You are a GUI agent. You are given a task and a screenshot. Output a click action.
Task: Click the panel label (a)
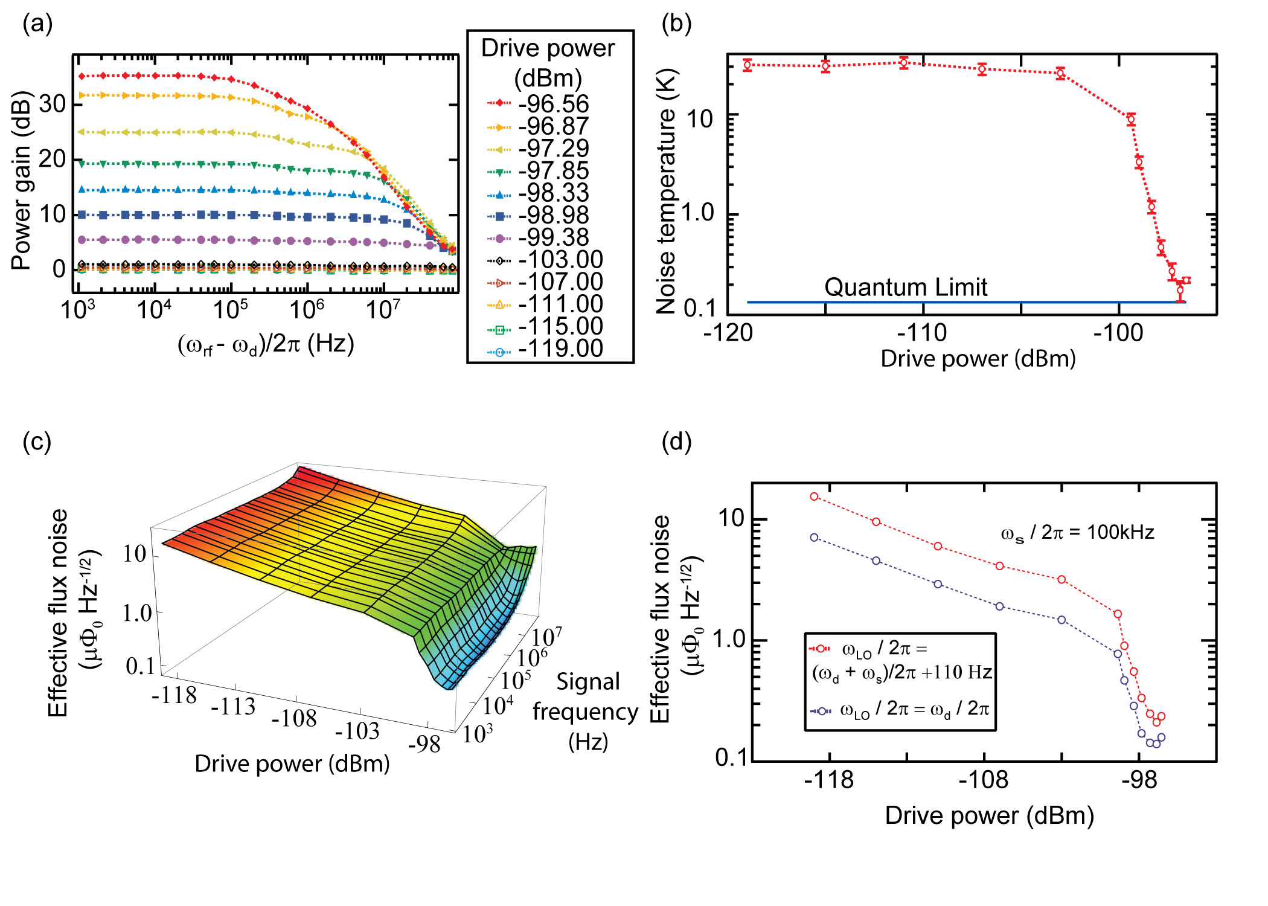pos(37,24)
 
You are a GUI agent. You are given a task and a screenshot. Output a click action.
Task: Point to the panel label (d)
pos(676,442)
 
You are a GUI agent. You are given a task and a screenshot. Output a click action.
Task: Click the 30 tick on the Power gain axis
pos(53,104)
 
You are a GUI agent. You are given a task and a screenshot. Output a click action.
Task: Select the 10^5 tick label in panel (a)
pos(230,310)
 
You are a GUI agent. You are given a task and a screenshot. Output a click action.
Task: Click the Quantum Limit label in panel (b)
pos(906,288)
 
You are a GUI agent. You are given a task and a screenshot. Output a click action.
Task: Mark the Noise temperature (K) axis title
pos(667,191)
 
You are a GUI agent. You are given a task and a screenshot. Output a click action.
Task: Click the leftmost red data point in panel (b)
pos(748,65)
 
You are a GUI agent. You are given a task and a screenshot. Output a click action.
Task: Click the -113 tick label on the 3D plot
pos(233,705)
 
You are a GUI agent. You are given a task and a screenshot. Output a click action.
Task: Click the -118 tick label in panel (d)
pos(829,780)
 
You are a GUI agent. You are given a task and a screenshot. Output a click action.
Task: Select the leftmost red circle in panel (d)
pos(814,496)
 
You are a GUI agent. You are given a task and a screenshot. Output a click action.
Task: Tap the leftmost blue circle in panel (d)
pos(814,538)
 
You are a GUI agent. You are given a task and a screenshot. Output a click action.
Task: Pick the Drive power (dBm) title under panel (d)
pos(989,815)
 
